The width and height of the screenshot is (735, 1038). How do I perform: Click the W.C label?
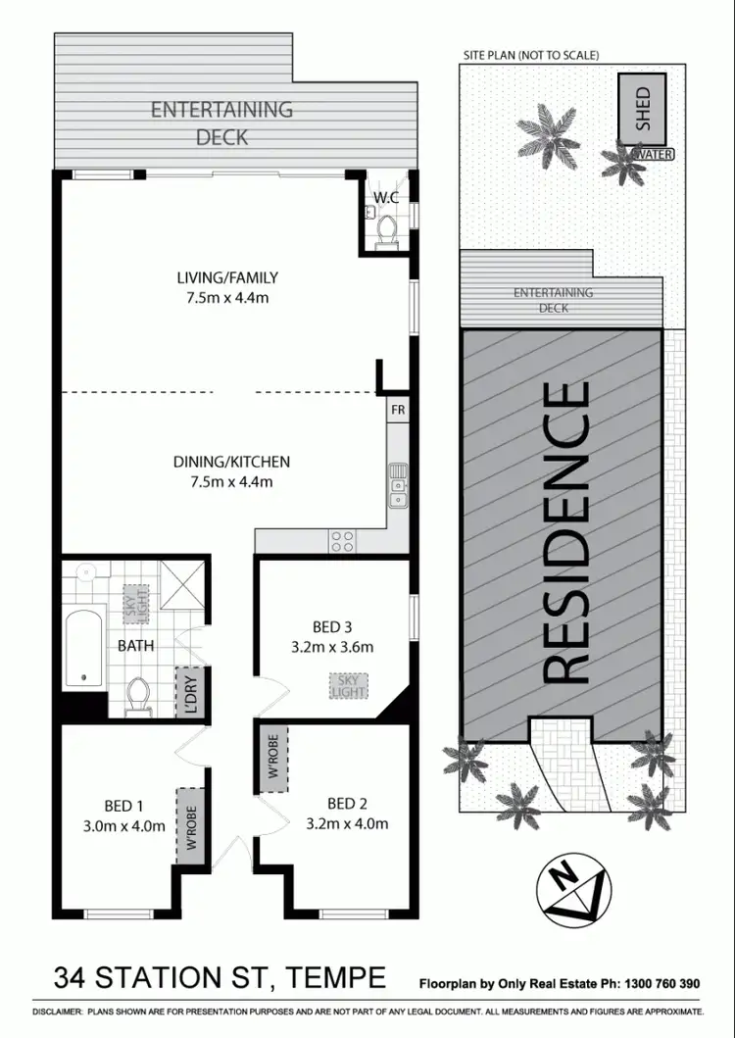(x=384, y=198)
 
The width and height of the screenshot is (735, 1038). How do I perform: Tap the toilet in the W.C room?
(x=386, y=229)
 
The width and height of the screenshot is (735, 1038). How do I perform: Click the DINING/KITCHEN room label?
(x=231, y=470)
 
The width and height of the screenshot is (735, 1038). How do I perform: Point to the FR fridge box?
(x=398, y=408)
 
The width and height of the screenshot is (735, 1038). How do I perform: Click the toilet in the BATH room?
(x=138, y=694)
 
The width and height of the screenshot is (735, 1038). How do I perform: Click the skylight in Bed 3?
(x=348, y=685)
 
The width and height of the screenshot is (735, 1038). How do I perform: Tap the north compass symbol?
(x=574, y=890)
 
